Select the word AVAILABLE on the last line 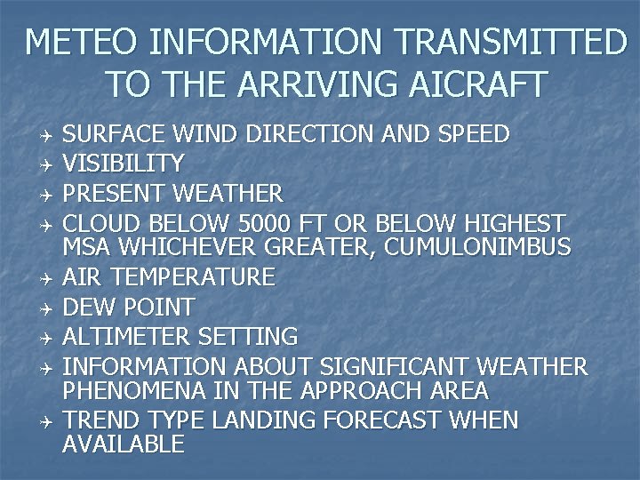124,444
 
